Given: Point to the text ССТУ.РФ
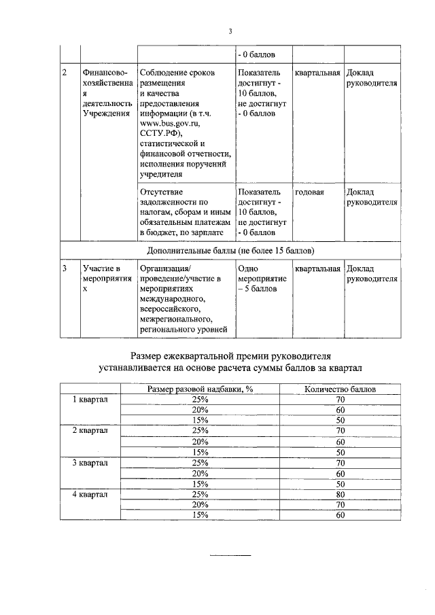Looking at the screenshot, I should pos(161,135).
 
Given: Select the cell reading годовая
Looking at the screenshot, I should pos(309,192).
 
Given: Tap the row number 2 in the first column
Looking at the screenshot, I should pos(64,73).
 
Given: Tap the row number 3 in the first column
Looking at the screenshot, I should pos(64,268).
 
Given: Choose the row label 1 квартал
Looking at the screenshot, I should pos(90,400).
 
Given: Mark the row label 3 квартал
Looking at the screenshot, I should pos(90,463).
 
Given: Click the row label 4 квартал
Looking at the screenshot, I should pos(90,494).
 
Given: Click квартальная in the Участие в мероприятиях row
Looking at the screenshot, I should pos(317,268).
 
